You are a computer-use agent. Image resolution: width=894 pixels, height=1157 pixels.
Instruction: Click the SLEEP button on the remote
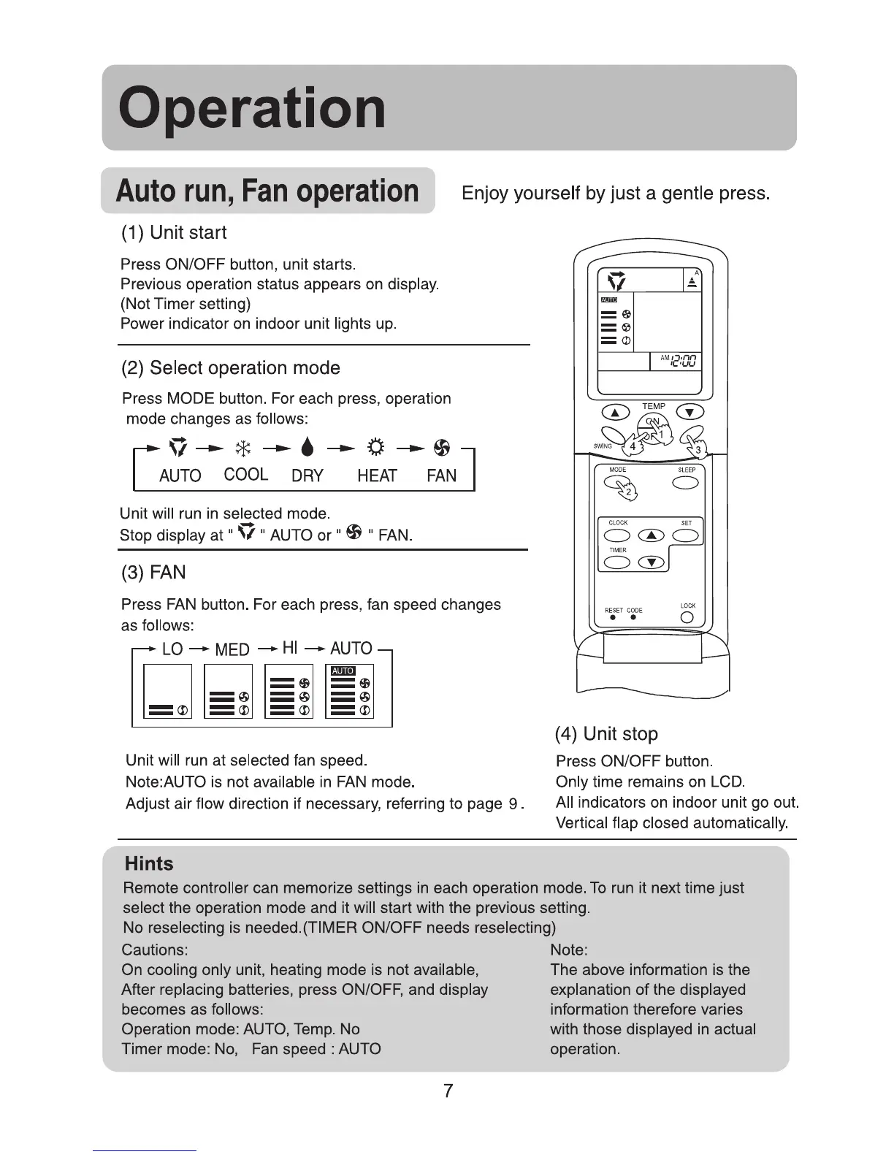tap(685, 483)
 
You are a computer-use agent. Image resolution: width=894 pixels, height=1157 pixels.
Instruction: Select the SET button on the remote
tap(686, 535)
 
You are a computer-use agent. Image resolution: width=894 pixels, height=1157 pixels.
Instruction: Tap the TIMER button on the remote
tap(618, 562)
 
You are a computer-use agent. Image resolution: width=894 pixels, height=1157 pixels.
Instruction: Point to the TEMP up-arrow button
tap(615, 413)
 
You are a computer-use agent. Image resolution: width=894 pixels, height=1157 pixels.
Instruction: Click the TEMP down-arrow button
tap(691, 413)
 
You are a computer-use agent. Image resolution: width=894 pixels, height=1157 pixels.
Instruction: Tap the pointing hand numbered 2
tap(622, 488)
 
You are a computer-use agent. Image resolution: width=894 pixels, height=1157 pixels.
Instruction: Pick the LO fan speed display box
tap(168, 691)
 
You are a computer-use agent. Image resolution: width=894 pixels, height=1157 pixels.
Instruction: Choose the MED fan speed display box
tap(229, 691)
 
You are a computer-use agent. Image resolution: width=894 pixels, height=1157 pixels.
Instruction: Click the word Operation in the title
tap(252, 108)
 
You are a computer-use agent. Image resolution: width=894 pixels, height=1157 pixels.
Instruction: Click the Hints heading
tap(149, 864)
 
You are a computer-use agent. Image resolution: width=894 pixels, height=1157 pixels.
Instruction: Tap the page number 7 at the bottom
tap(448, 1091)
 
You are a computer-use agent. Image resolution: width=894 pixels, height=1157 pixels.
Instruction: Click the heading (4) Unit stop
tap(606, 733)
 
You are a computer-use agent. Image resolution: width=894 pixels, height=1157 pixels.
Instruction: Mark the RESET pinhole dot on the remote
tap(612, 618)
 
